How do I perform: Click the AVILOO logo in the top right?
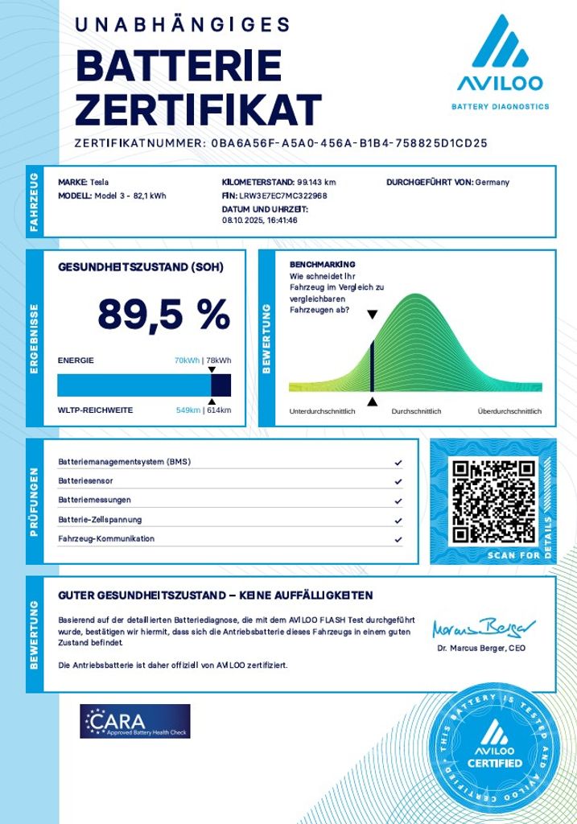click(x=499, y=60)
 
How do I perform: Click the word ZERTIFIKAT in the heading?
click(x=198, y=110)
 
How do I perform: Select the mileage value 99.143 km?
click(x=316, y=182)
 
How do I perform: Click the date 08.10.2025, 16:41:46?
click(x=260, y=220)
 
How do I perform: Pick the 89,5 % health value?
click(x=163, y=314)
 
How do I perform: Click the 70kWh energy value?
click(x=187, y=360)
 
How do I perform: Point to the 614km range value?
click(x=219, y=410)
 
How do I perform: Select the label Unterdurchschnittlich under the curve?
click(x=322, y=412)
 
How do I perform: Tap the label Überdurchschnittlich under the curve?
click(x=509, y=412)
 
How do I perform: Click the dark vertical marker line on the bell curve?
click(x=372, y=366)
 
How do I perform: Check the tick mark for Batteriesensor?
click(x=398, y=481)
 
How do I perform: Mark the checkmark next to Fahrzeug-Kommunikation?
click(x=398, y=539)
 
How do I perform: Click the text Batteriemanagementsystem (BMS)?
click(x=124, y=462)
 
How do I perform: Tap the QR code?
click(x=493, y=501)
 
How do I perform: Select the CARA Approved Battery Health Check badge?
click(x=134, y=721)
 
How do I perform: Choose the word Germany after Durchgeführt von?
click(x=493, y=182)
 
